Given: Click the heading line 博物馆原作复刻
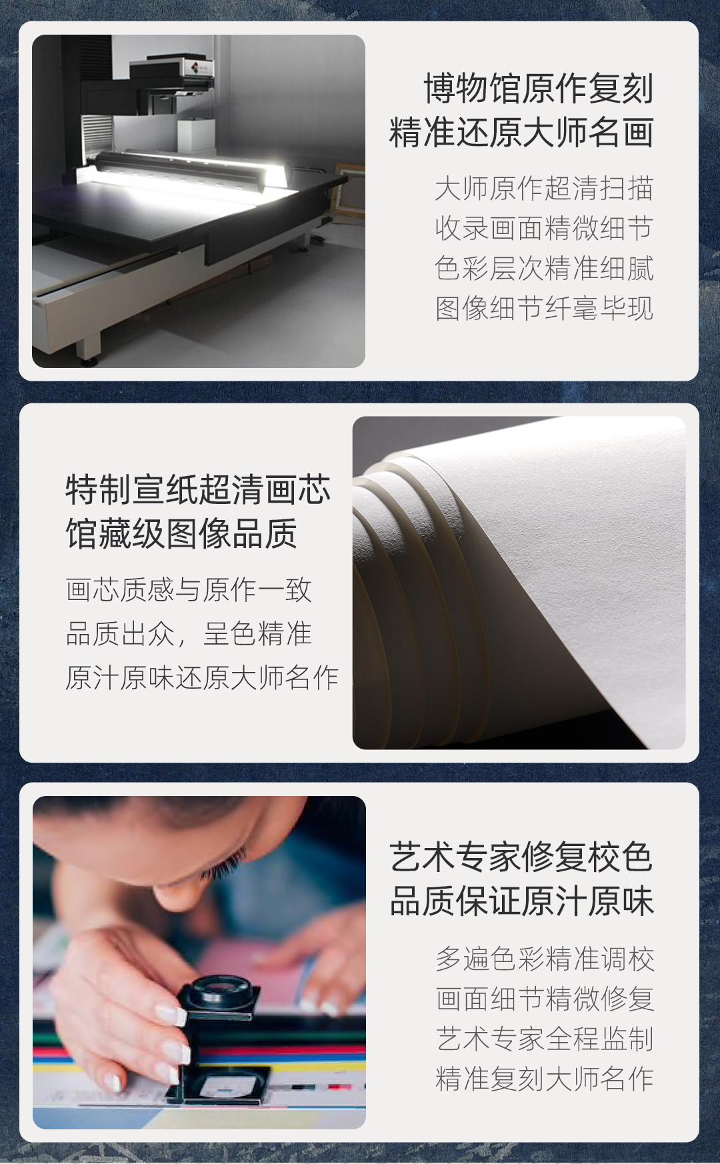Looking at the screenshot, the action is point(539,89).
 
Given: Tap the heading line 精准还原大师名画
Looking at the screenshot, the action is point(521,132).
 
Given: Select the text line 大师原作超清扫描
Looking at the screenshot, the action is point(544,189).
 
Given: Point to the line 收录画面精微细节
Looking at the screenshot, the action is point(544,229).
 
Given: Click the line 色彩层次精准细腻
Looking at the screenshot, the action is point(544,269).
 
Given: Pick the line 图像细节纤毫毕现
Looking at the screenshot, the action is point(544,309).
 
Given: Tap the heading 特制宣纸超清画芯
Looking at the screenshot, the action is point(198,490).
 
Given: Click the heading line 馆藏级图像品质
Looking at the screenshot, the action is point(181,534).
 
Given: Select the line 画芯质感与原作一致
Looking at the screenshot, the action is point(189,590).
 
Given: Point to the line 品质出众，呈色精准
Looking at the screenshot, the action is point(189,634).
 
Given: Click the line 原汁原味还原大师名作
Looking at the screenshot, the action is point(202,678).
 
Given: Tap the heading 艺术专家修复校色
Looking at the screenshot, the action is point(521,857).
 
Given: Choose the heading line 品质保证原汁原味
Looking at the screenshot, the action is point(521,901).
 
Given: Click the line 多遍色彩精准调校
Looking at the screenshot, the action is point(545,959).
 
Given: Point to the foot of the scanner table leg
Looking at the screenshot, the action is point(88,360).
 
